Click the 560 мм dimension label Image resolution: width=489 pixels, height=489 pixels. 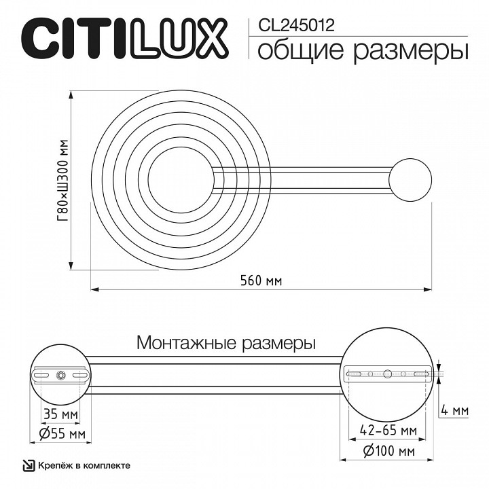[262, 280]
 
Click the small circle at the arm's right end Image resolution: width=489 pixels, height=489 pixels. [410, 179]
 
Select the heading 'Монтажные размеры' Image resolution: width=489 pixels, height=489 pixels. [226, 342]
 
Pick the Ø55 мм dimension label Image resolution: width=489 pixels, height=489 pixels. [57, 433]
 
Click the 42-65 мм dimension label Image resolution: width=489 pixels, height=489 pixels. [388, 431]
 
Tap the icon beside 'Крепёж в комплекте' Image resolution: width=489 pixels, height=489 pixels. [28, 465]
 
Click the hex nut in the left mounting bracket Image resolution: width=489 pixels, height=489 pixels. [61, 374]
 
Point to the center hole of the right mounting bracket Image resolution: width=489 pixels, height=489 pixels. [387, 374]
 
